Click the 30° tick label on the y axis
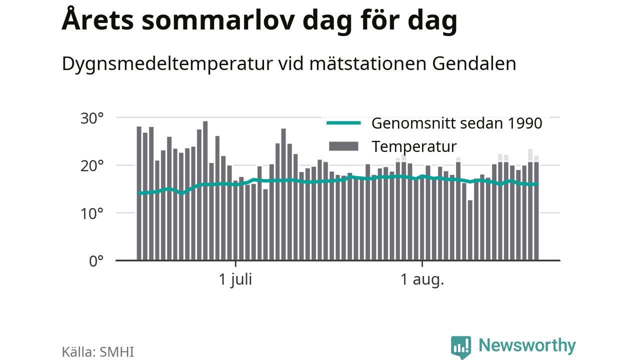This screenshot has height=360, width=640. [x=92, y=118]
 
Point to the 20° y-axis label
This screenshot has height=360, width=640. [x=92, y=166]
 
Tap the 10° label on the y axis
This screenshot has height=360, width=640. [x=92, y=213]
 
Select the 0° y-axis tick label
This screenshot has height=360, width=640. [x=96, y=261]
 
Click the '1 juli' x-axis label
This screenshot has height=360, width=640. [x=235, y=279]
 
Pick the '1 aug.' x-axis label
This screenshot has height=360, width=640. [x=422, y=279]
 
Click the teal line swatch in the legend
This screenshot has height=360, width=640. [x=343, y=123]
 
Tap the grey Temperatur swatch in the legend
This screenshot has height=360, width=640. [x=343, y=146]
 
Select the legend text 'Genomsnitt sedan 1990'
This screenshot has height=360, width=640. [x=456, y=123]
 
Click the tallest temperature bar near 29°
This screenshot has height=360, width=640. [x=205, y=190]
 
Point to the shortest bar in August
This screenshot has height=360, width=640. [x=470, y=230]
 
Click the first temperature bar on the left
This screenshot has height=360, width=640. [x=139, y=193]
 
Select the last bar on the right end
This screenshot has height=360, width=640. [x=536, y=211]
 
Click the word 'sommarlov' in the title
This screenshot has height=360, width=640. [x=218, y=20]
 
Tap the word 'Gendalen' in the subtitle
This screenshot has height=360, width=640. [x=474, y=63]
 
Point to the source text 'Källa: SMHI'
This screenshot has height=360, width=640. [x=97, y=351]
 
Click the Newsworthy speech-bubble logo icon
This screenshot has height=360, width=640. [x=461, y=347]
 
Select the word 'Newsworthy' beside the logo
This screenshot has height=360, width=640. [x=527, y=345]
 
